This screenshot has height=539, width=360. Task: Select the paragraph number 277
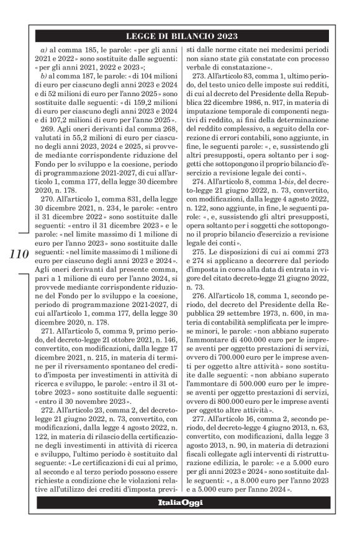click(202, 409)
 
